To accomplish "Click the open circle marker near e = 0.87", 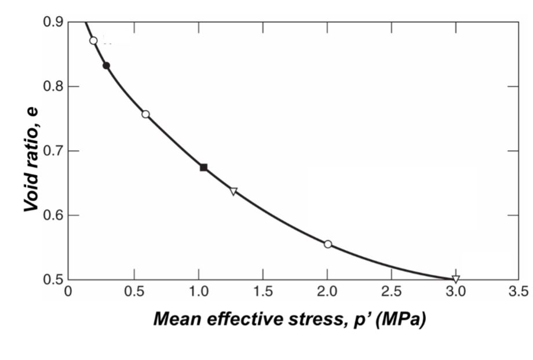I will click(x=93, y=41).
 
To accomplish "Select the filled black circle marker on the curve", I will click(x=106, y=66).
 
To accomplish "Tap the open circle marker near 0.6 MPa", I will click(x=145, y=114).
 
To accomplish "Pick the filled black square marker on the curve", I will click(x=203, y=168).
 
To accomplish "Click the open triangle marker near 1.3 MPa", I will click(x=233, y=191).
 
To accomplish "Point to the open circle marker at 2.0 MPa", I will click(x=328, y=244).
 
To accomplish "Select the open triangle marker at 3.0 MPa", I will click(x=455, y=279).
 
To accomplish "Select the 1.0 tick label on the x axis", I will click(x=198, y=291).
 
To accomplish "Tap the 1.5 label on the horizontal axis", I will click(x=263, y=291).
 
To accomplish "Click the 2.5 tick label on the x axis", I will click(x=392, y=291).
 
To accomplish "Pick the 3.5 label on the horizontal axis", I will click(x=520, y=291).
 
